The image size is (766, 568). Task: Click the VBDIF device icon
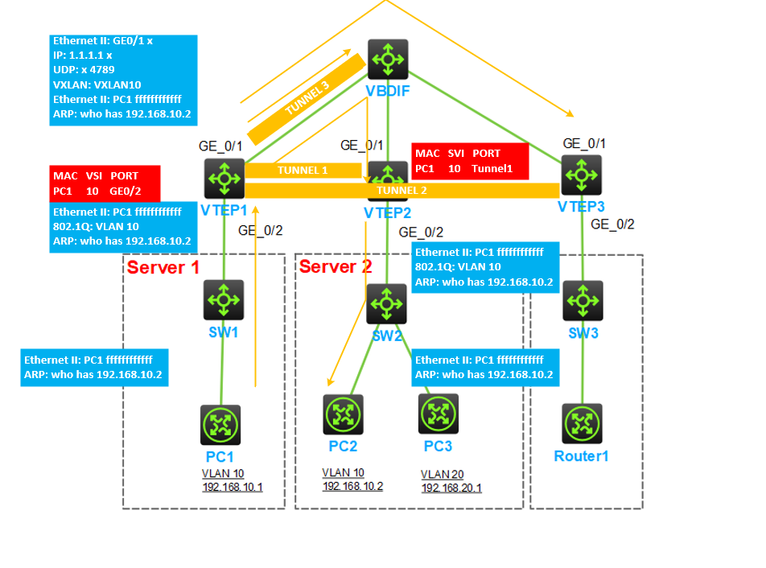pos(388,60)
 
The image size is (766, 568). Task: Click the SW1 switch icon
pos(223,300)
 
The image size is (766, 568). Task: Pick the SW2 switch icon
pos(387,303)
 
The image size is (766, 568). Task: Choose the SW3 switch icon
pos(583,300)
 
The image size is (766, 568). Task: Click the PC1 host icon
pos(220,425)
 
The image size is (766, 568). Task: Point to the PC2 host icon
pos(344,414)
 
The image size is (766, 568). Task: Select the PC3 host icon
pos(439,414)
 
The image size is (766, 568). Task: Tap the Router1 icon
pos(581,425)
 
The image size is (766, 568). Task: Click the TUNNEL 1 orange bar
pos(303,171)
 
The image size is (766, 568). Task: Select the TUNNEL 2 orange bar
pos(402,191)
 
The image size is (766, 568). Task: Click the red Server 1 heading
pos(163,268)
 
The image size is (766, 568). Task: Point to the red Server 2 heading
pos(336,266)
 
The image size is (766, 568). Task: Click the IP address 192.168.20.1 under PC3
pos(451,488)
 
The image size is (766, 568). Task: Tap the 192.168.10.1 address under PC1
pos(233,488)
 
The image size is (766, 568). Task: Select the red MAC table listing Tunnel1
pos(470,161)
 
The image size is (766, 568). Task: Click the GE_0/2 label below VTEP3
pos(612,224)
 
